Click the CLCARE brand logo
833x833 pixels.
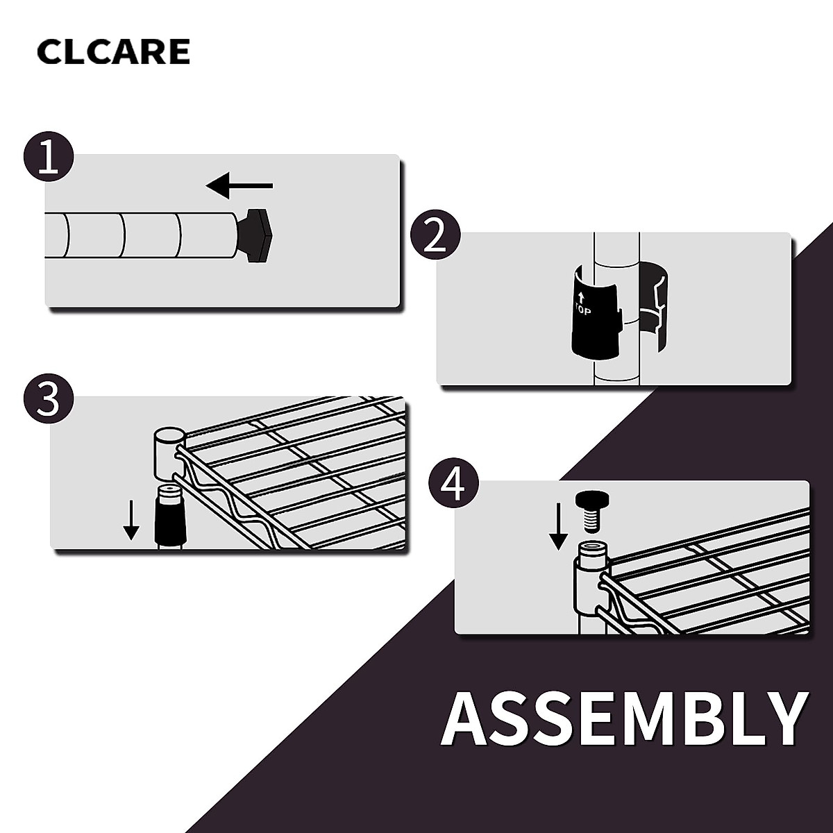click(113, 52)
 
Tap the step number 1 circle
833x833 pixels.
click(48, 158)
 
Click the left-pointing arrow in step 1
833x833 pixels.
click(239, 185)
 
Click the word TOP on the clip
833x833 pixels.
click(583, 310)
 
